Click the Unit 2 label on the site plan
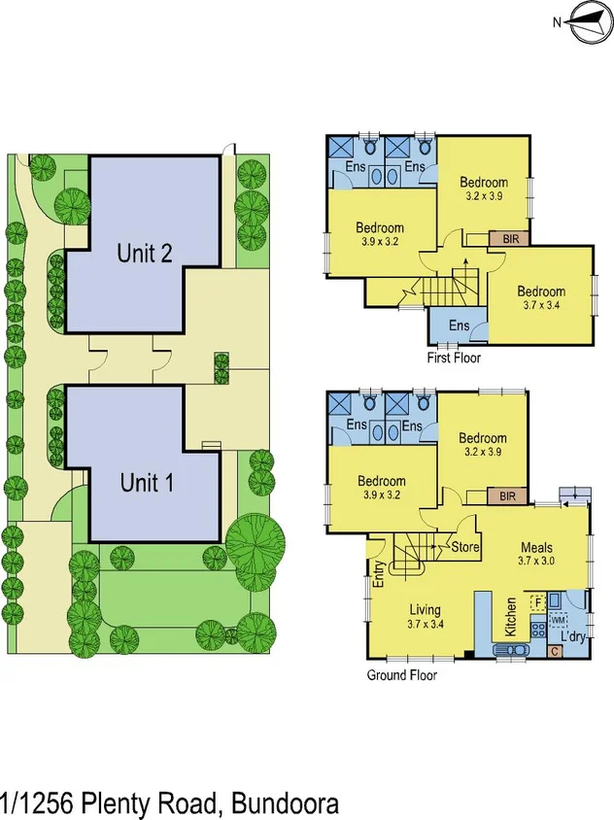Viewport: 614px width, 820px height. click(x=145, y=254)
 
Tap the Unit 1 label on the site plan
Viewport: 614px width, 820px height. click(x=147, y=482)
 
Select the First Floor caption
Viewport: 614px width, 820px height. click(x=454, y=358)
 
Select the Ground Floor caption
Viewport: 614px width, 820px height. click(x=401, y=675)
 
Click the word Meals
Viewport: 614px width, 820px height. click(x=536, y=546)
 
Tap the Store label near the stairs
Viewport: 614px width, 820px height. click(x=465, y=546)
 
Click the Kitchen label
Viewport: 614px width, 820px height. click(x=510, y=615)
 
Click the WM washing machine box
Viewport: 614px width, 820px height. click(x=559, y=619)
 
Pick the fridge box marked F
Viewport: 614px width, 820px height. click(x=536, y=602)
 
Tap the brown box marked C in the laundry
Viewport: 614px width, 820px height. click(x=555, y=651)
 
